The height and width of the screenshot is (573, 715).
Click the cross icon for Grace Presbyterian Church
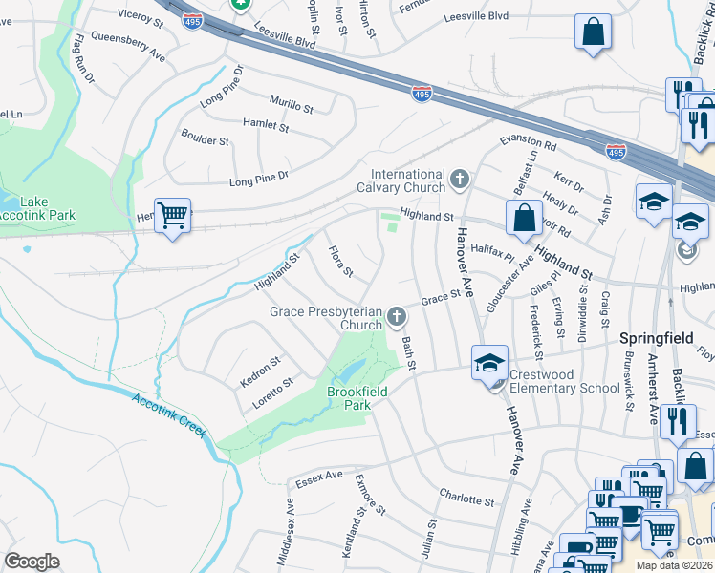[x=398, y=314]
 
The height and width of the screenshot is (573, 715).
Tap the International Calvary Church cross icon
[x=460, y=179]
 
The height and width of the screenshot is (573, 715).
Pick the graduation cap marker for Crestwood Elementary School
[x=489, y=362]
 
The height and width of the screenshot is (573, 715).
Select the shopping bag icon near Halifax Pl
[x=525, y=217]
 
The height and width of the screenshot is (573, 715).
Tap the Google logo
[x=32, y=562]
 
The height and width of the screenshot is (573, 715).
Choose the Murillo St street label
[x=291, y=104]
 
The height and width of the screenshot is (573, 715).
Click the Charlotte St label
[x=466, y=499]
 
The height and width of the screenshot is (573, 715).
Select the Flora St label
[x=340, y=263]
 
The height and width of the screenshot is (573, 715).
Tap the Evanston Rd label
[x=528, y=144]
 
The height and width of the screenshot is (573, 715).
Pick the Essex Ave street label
[x=319, y=475]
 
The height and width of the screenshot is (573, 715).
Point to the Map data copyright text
[x=675, y=564]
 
